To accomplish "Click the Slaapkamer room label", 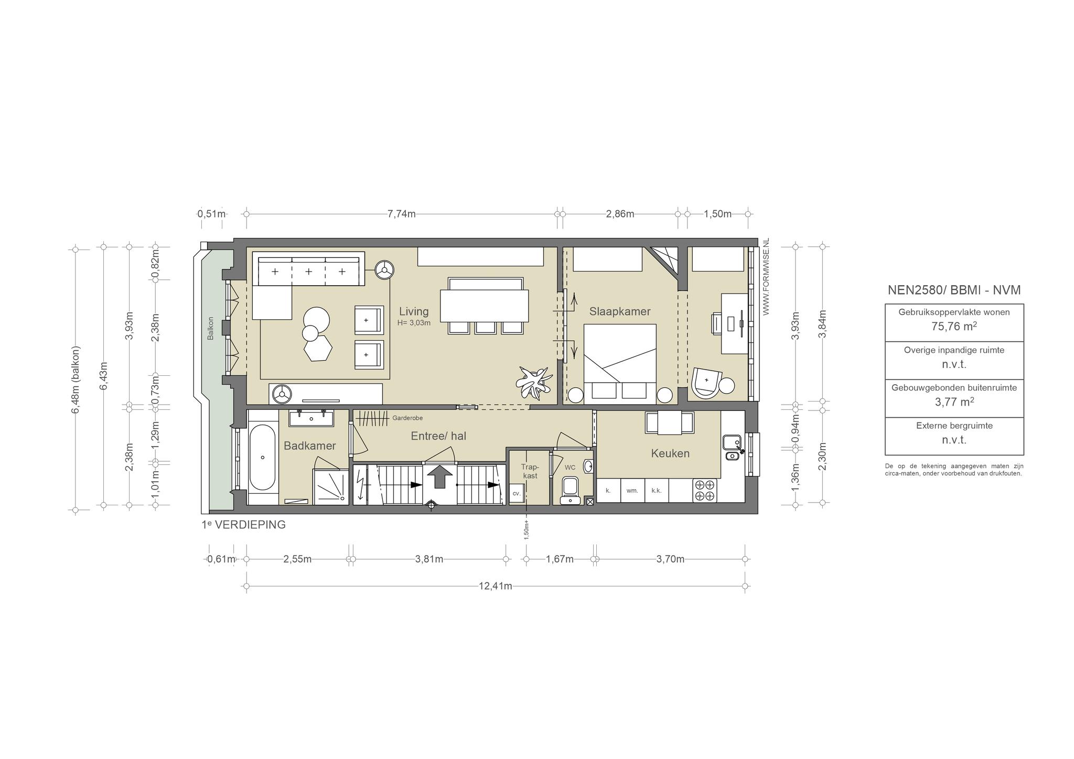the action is pos(620,311).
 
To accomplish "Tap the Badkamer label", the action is pos(310,446).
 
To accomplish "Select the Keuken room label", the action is pos(670,453).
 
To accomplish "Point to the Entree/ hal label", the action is pos(438,436).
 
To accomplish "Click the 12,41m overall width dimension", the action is pos(496,586).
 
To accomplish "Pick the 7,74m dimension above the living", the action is pos(402,214).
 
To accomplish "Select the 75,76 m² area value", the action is pos(954,326).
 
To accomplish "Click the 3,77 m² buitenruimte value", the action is pos(954,402).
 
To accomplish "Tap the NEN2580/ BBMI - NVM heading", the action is pos(954,290).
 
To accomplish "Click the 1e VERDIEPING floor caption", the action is pos(244,525).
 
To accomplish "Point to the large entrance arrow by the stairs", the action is pos(439,476).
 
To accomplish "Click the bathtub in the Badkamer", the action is pos(263,458).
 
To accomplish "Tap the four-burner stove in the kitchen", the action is pos(705,491).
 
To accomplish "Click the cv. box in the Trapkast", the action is pos(517,493).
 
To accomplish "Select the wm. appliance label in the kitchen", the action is pos(632,491).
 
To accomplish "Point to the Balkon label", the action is pos(210,328).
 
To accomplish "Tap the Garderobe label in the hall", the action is pos(407,418).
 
